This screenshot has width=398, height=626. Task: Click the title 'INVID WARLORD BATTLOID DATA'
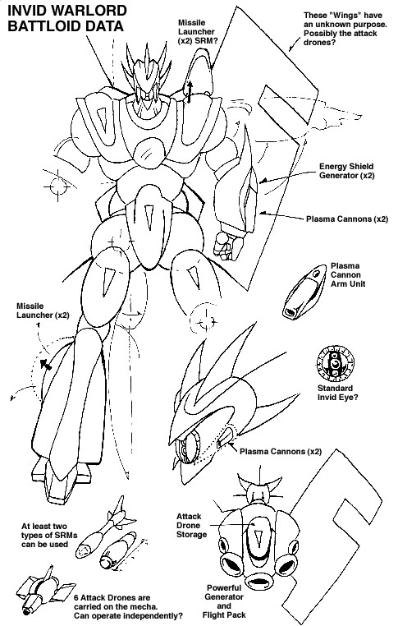pyautogui.click(x=67, y=18)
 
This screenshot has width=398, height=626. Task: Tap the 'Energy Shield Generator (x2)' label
pyautogui.click(x=346, y=171)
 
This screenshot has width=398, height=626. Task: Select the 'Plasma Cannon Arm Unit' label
pyautogui.click(x=348, y=274)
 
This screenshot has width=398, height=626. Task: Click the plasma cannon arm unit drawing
pyautogui.click(x=304, y=292)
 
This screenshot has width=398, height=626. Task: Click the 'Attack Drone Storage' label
pyautogui.click(x=192, y=526)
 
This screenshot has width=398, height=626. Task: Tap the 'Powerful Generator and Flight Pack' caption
pyautogui.click(x=224, y=601)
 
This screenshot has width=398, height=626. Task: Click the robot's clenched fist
pyautogui.click(x=227, y=245)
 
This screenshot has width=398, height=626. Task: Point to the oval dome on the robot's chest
pyautogui.click(x=149, y=152)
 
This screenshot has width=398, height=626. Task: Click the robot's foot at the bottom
pyautogui.click(x=62, y=480)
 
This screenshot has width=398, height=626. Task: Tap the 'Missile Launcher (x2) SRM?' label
pyautogui.click(x=196, y=32)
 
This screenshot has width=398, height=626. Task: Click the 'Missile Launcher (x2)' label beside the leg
pyautogui.click(x=43, y=311)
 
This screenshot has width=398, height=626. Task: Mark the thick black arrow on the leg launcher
pyautogui.click(x=45, y=364)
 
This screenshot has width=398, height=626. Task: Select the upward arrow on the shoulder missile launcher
pyautogui.click(x=190, y=91)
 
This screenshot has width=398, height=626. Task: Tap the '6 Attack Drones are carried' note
pyautogui.click(x=128, y=607)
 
